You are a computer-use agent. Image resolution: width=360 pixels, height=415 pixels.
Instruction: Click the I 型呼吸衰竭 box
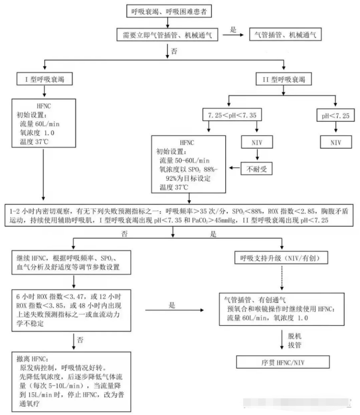[x=42, y=80]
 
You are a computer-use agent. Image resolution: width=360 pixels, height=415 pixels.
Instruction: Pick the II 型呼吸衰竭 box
[x=284, y=80]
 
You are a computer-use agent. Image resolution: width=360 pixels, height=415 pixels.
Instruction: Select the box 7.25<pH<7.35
[x=232, y=116]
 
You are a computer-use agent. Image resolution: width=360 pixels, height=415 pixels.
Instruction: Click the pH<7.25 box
[x=336, y=116]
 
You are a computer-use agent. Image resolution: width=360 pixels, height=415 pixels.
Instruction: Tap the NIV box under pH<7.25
[x=336, y=142]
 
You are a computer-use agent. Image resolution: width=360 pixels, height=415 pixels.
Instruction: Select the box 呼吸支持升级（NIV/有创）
[x=281, y=258]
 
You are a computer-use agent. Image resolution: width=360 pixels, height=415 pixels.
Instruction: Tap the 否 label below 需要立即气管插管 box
[x=174, y=51]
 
